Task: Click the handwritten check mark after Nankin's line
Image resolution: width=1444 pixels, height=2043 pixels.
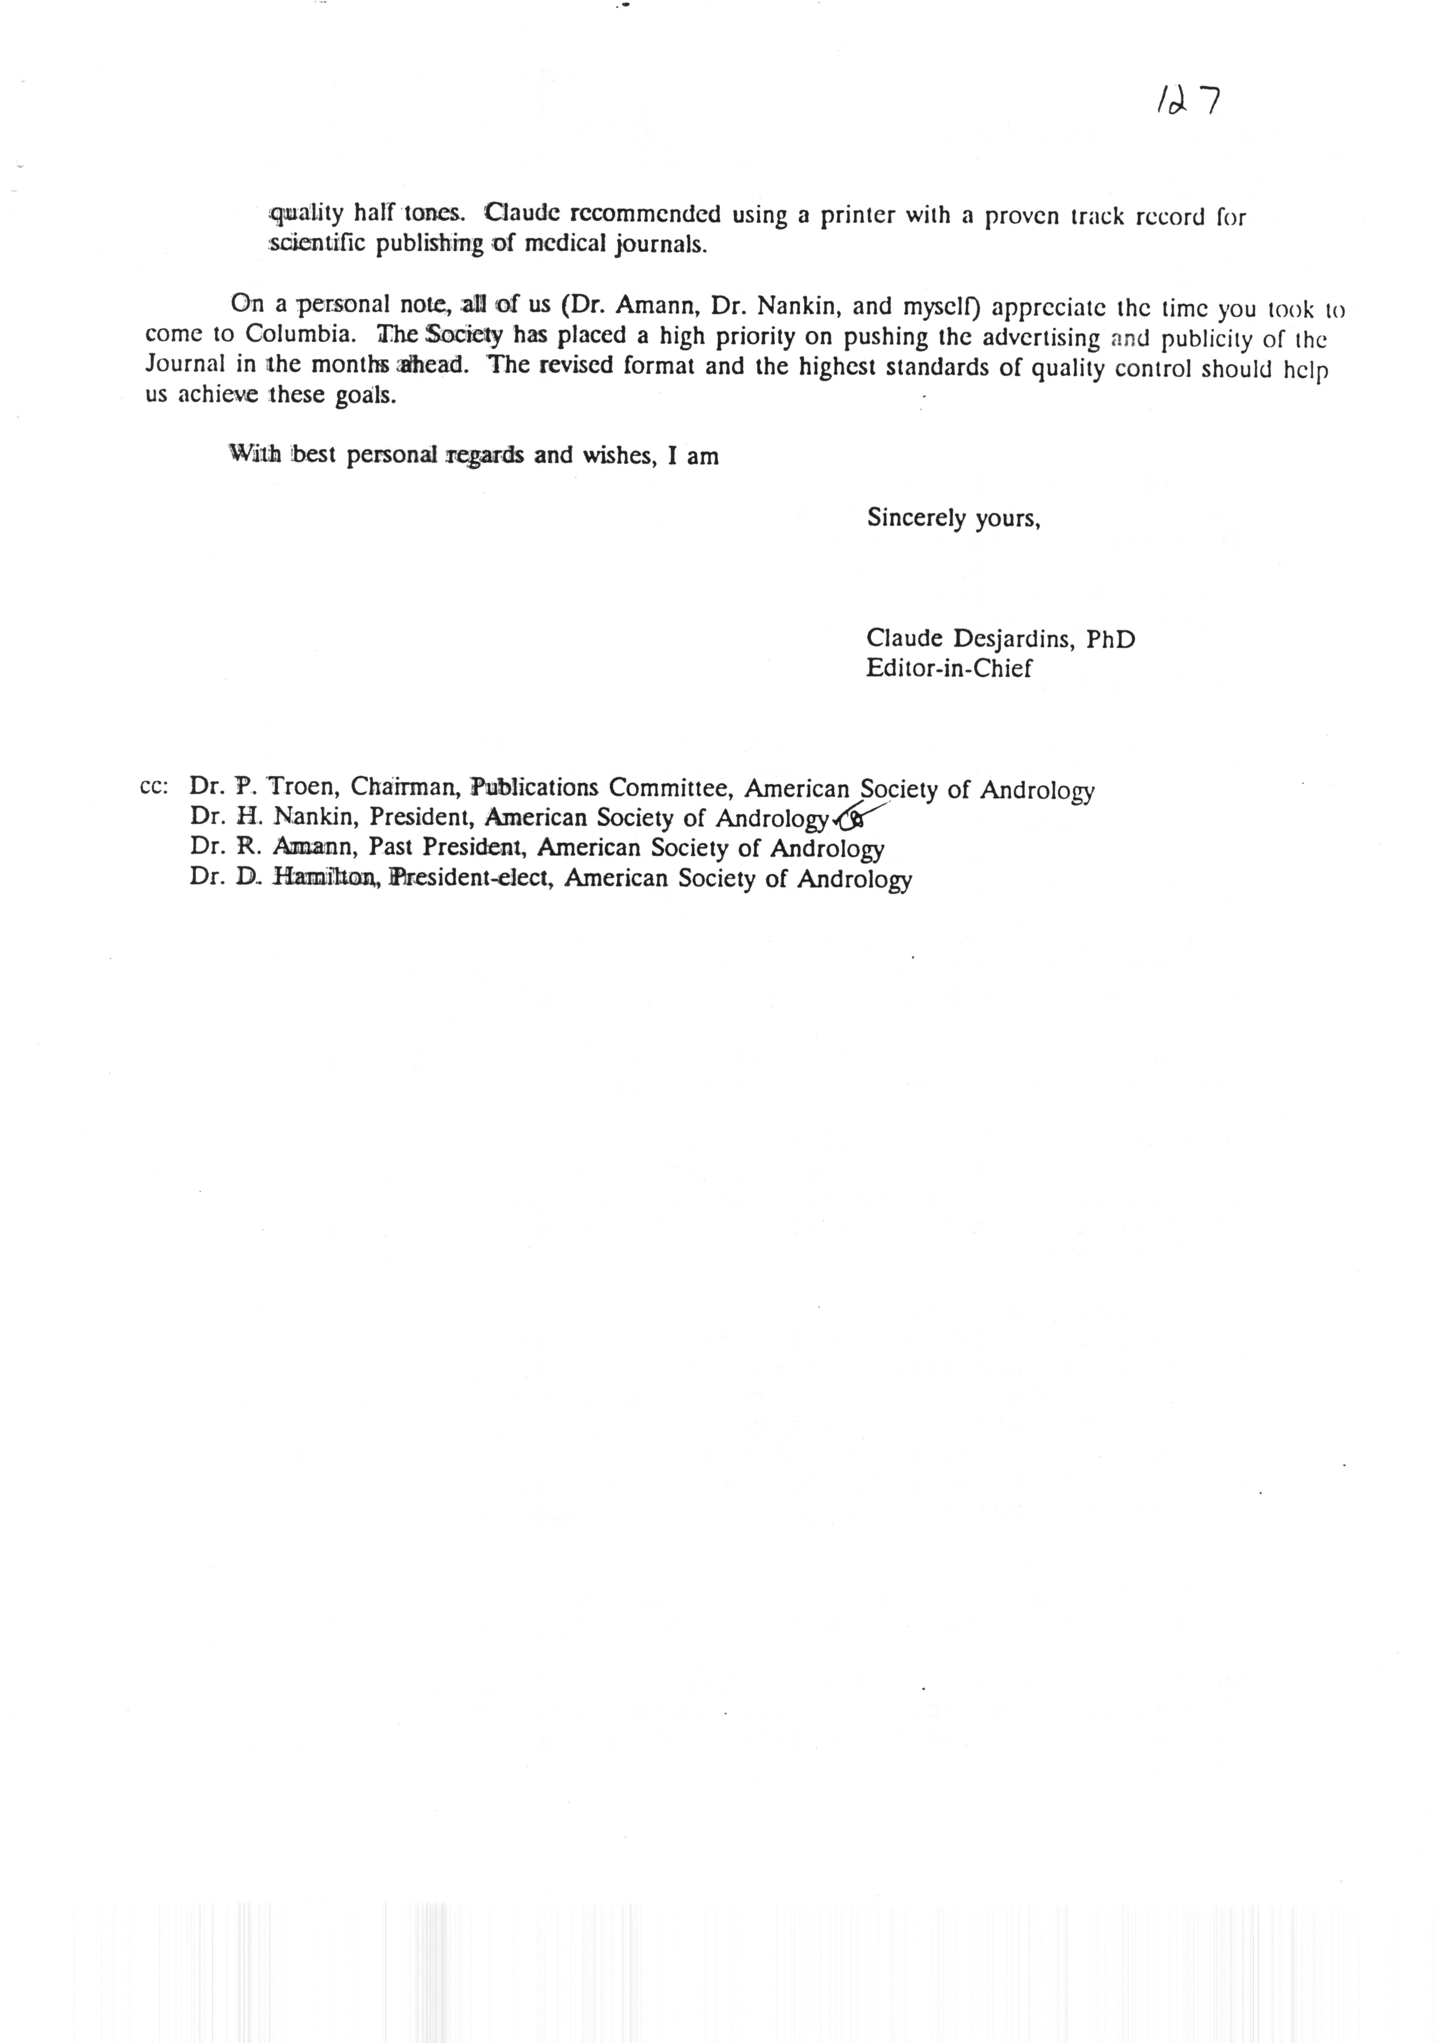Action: [854, 813]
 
